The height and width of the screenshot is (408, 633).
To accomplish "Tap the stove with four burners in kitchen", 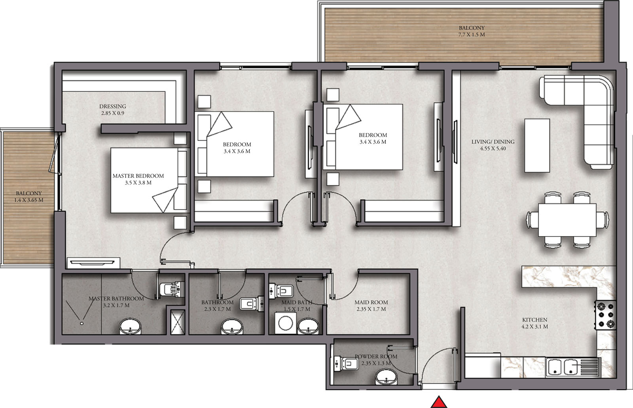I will point(605,315).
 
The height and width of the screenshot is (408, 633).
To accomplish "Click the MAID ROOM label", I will point(371,302).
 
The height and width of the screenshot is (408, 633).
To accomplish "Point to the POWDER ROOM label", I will point(376,356).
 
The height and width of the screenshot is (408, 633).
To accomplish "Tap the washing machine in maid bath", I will point(285,323).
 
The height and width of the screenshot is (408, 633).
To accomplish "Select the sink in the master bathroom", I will point(130,327).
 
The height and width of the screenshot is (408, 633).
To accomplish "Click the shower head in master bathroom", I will point(82,323).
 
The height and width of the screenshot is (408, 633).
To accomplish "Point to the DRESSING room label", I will point(113,106).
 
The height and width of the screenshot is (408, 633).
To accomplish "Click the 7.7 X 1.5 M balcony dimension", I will point(472,34).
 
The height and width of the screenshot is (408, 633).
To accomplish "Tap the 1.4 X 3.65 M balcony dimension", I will point(28,200).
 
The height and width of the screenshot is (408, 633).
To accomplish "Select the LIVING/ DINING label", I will point(493,141).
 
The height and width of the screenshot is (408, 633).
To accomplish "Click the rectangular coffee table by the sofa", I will point(537,145).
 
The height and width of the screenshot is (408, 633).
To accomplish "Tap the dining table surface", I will point(567,220).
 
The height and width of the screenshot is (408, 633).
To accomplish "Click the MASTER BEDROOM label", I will point(138,176).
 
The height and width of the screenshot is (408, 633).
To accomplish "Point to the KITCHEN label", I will point(534,319).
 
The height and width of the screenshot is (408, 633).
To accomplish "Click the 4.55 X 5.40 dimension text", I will point(493,148).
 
